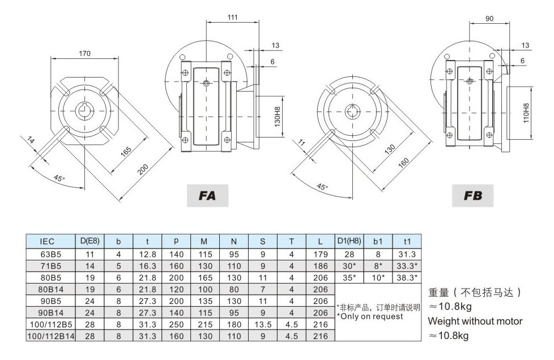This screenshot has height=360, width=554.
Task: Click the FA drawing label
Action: [208, 196]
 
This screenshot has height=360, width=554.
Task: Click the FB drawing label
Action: [473, 196]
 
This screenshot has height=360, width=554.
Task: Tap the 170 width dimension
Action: [84, 54]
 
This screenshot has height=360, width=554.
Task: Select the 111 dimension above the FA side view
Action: [232, 18]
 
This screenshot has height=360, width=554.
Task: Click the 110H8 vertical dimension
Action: [526, 113]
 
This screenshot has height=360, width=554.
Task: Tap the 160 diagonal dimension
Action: [403, 162]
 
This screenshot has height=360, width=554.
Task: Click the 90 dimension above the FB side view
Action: [489, 19]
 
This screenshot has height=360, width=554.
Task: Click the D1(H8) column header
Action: [350, 241]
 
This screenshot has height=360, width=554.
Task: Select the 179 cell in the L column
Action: [321, 254]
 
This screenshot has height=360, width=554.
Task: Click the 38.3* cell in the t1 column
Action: [408, 277]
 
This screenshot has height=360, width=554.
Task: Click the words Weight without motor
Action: [475, 321]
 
